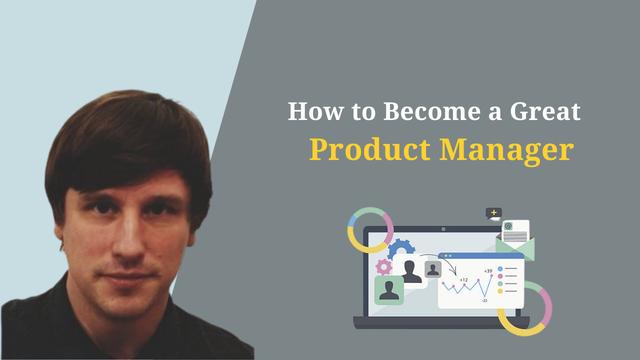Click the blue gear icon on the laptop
[401, 249]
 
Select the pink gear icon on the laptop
[384, 266]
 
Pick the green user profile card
[389, 291]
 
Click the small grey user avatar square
[432, 268]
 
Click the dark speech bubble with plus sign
[493, 213]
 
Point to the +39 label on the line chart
[487, 271]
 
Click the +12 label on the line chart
[464, 280]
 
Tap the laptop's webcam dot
[443, 230]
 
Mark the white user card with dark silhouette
[411, 270]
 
